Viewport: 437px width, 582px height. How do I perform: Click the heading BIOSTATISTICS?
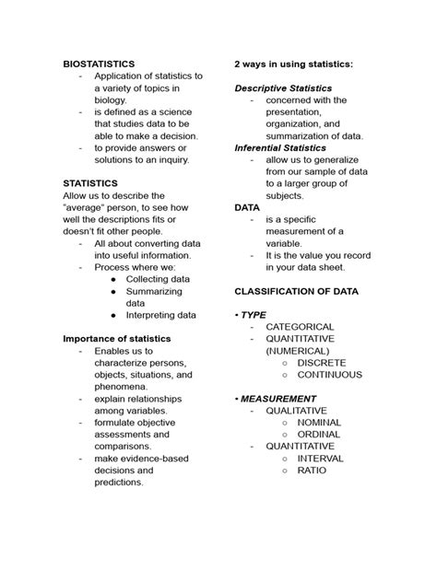[x=99, y=64]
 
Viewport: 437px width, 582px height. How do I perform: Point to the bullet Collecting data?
[x=158, y=279]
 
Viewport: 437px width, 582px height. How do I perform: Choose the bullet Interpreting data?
[x=160, y=315]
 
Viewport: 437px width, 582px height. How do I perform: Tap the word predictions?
[x=119, y=483]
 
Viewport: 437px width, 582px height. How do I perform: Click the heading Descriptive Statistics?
[x=283, y=87]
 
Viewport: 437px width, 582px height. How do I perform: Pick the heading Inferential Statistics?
[x=279, y=147]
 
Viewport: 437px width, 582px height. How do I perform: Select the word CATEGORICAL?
[x=300, y=327]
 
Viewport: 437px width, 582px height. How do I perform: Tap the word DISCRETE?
[x=322, y=363]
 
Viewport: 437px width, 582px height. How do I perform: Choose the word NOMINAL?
[x=319, y=423]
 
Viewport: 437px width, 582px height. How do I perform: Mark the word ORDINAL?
[x=318, y=435]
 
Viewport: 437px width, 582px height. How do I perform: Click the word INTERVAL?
[x=320, y=459]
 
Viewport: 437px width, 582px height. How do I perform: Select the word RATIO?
[x=312, y=471]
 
